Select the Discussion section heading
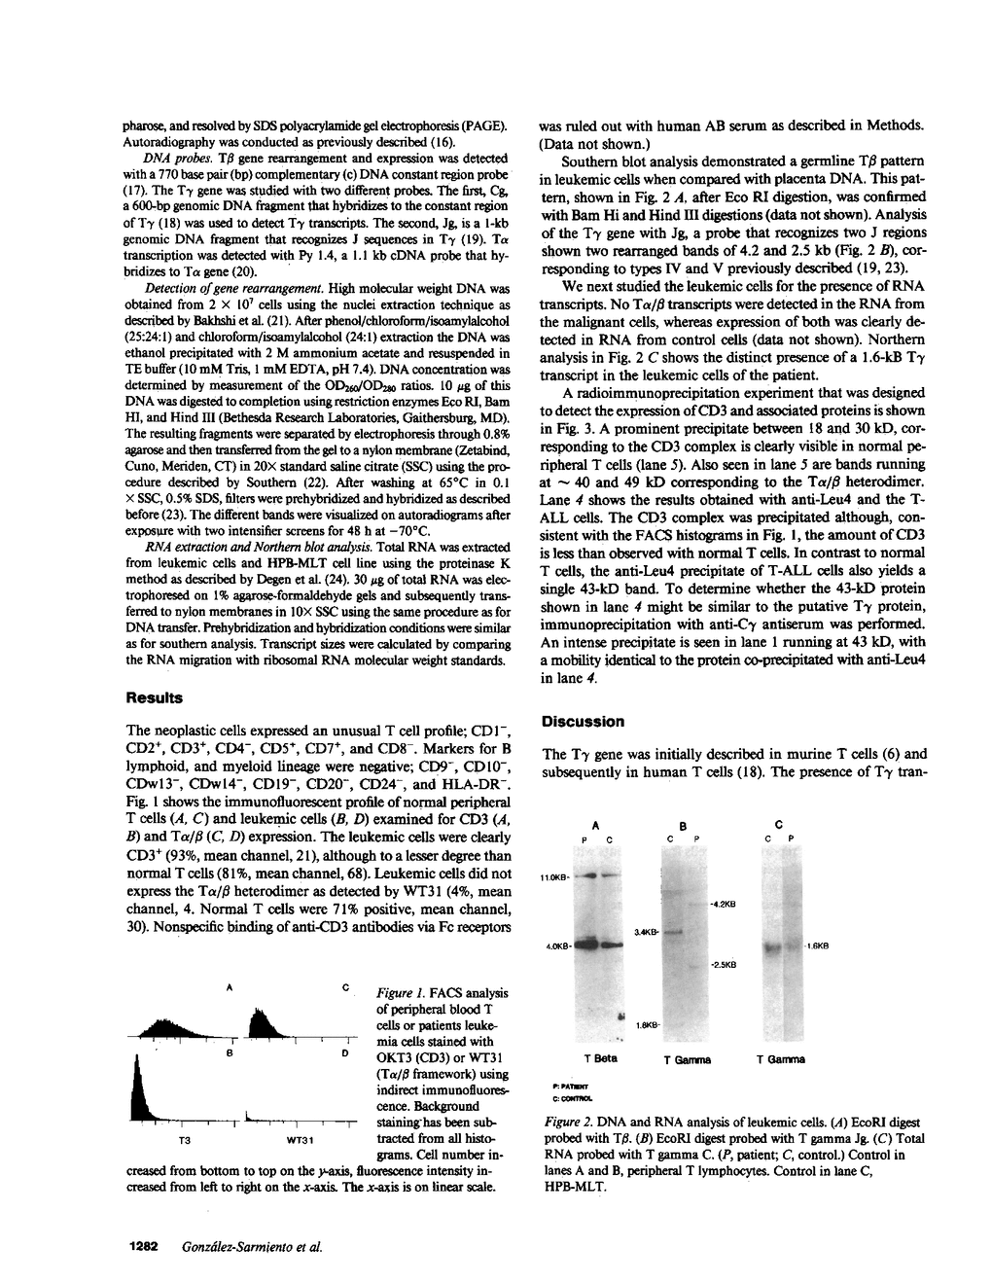click(x=583, y=722)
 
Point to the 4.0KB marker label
click(x=556, y=945)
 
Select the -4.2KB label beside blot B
click(x=723, y=904)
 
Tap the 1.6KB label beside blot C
click(x=815, y=945)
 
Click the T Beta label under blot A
click(x=601, y=1058)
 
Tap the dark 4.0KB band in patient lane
click(x=588, y=943)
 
